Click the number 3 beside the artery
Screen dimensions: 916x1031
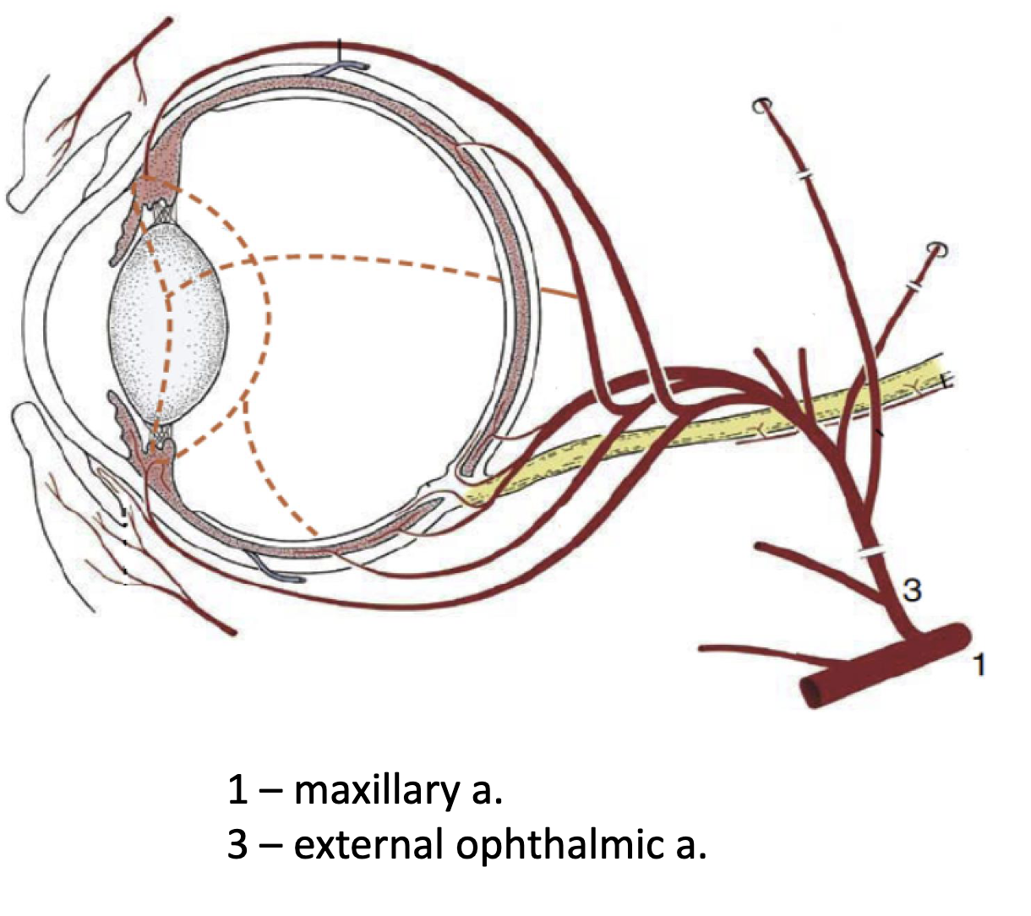point(911,589)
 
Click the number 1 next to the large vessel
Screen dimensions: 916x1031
point(979,664)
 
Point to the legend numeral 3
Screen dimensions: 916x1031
point(237,844)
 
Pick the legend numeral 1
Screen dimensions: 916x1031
point(237,789)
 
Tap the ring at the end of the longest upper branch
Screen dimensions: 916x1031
point(762,106)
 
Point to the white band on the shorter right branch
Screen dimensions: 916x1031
point(912,288)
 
